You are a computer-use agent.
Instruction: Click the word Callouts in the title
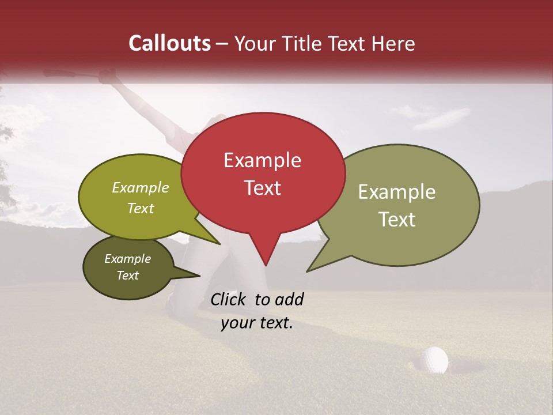coord(169,43)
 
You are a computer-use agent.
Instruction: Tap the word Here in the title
coord(392,43)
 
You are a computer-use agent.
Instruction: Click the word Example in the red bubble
coord(262,160)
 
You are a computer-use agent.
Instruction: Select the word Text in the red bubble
coord(263,188)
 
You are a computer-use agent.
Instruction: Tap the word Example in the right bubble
coord(397,192)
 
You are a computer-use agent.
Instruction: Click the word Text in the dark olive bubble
coord(127,276)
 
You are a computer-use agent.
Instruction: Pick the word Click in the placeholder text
coord(229,299)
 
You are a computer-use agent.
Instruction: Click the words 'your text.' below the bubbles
coord(257,323)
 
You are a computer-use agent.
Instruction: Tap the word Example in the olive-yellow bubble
coord(141,187)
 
